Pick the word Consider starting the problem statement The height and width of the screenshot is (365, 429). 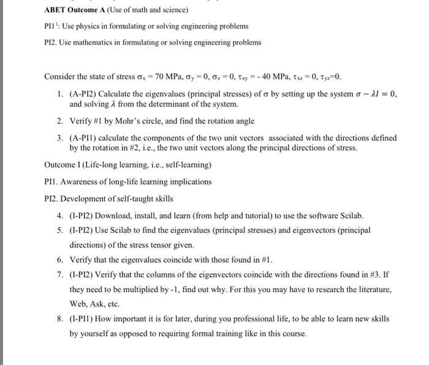(60, 77)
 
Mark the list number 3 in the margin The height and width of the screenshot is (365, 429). (60, 138)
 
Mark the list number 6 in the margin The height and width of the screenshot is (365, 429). (60, 260)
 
